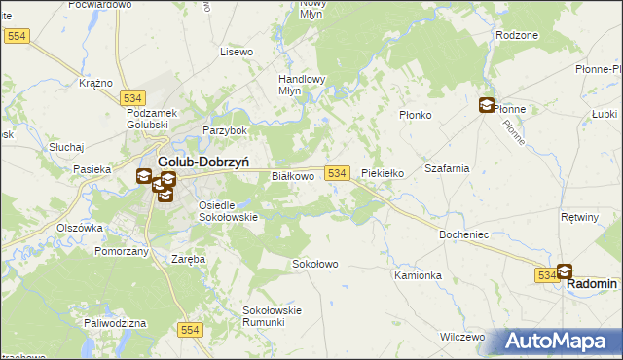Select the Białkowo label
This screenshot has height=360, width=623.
pos(292,176)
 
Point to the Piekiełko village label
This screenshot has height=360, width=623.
pos(383,173)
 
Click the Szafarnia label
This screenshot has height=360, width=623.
pos(447,167)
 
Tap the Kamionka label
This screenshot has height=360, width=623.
pos(418,275)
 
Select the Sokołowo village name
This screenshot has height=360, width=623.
pos(315,264)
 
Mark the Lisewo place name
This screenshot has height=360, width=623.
pos(237,51)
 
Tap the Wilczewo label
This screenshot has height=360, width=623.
pos(461,337)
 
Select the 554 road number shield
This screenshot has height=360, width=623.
pos(191,331)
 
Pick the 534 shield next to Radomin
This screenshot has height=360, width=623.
pos(545,276)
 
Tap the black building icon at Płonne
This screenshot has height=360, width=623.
pos(486,105)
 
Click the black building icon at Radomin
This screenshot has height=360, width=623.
pos(564,271)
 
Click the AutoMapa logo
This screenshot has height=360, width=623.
pos(560,341)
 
